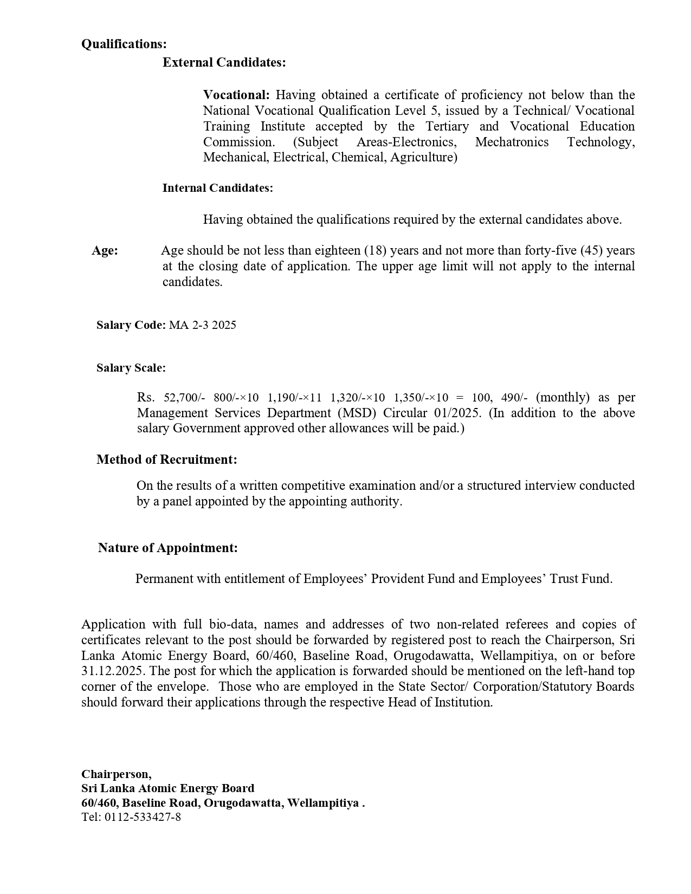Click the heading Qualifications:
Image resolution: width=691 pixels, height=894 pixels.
(124, 44)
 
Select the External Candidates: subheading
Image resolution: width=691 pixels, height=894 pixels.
(224, 63)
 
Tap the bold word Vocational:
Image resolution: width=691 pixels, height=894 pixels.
(236, 95)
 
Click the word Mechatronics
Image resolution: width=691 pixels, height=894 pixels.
(512, 142)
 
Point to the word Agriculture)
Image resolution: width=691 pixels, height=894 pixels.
(424, 158)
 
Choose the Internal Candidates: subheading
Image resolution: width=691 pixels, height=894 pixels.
(217, 188)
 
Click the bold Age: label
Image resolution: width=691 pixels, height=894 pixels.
(105, 251)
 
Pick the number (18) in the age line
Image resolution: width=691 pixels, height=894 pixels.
(375, 251)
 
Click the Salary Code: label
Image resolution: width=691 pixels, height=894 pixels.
(131, 325)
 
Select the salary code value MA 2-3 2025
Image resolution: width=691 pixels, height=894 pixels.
(203, 325)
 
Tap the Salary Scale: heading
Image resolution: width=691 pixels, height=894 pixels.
(131, 368)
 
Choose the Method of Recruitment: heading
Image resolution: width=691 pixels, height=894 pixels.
(166, 460)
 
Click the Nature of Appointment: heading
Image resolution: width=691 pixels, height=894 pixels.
(167, 548)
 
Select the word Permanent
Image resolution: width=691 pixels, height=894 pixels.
(164, 579)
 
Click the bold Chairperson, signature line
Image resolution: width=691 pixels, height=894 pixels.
(117, 774)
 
